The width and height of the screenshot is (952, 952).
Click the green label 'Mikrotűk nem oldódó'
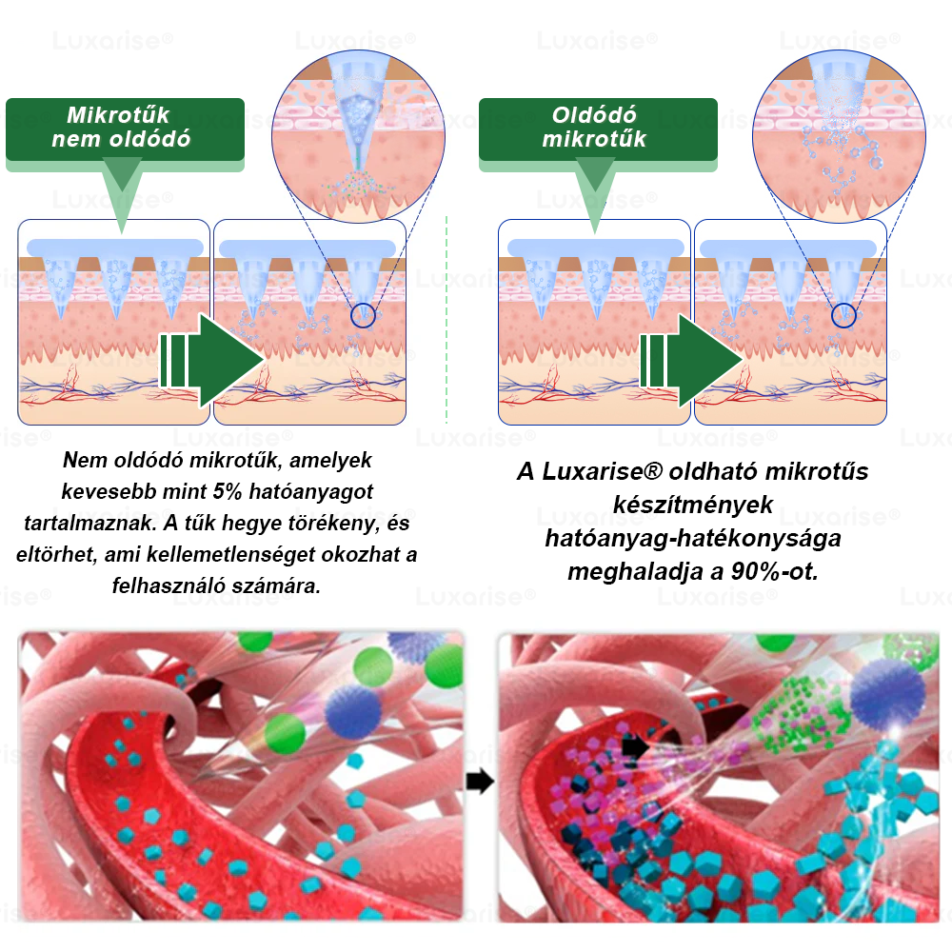(x=125, y=129)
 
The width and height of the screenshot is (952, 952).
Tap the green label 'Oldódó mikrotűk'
(x=598, y=129)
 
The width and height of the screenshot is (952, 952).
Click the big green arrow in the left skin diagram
(x=211, y=361)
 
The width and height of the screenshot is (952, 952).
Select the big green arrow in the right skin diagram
(x=691, y=361)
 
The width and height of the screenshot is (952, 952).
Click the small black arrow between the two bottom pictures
(x=480, y=782)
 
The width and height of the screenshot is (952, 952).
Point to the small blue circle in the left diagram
(x=363, y=316)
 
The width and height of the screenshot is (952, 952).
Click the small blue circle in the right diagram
(x=843, y=316)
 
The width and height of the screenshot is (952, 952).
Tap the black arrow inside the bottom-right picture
(x=635, y=745)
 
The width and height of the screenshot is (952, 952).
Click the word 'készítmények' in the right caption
(x=693, y=505)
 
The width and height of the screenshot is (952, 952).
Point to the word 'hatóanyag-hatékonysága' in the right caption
(x=693, y=538)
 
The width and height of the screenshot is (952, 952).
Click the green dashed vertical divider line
(x=446, y=319)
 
